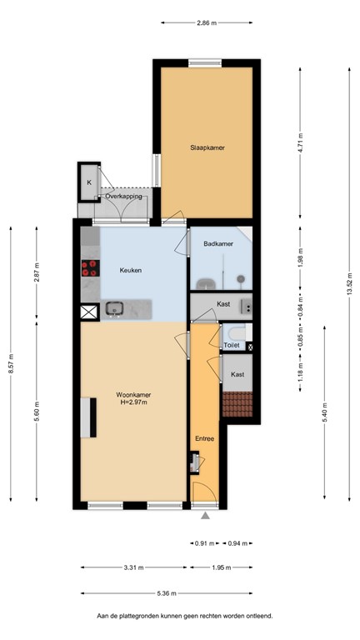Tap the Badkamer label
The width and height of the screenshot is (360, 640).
[217, 244]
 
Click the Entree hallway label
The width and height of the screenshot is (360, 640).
[204, 438]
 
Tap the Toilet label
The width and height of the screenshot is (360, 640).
[232, 345]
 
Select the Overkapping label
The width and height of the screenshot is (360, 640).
[123, 196]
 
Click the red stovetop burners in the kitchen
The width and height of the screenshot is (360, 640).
[88, 269]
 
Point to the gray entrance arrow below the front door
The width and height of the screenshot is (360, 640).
[205, 516]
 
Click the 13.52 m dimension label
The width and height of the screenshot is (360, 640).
[351, 285]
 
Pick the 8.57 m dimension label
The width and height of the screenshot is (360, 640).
[11, 363]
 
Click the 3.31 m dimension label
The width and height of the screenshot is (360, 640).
[133, 567]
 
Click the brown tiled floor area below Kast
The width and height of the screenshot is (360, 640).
[237, 403]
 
